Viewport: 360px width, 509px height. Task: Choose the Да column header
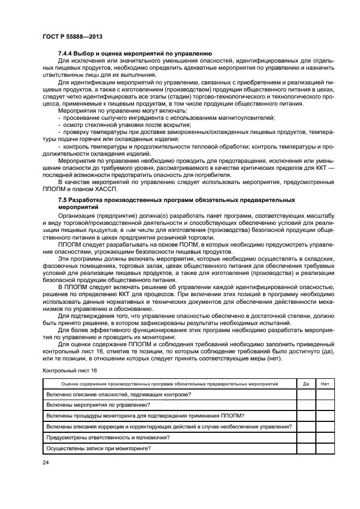pos(306,384)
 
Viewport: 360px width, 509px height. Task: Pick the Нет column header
pos(325,384)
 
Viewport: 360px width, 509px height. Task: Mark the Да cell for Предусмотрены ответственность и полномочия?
pos(306,438)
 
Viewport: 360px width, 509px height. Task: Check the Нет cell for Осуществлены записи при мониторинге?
pos(325,449)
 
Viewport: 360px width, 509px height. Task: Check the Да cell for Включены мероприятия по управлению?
pos(306,405)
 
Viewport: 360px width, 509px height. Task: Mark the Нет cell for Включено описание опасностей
pos(325,394)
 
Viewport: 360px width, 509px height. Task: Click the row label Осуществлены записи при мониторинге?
pos(99,449)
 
